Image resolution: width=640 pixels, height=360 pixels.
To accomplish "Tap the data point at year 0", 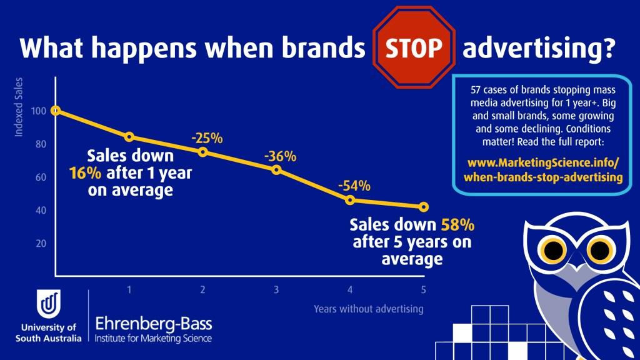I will click(x=56, y=111).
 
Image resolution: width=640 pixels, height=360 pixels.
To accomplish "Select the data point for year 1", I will click(x=129, y=137).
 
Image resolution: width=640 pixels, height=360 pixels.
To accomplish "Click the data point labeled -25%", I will click(x=202, y=152).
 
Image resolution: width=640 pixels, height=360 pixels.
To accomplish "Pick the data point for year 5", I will click(x=424, y=207).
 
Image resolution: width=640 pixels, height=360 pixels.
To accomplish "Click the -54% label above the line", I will click(x=354, y=186).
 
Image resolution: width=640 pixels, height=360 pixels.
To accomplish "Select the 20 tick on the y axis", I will click(x=41, y=243).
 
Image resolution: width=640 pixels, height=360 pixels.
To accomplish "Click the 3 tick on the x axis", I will click(x=276, y=289).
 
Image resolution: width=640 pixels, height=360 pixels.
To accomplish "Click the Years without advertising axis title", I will click(x=368, y=309).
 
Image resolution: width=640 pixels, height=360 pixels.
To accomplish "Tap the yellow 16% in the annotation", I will click(x=81, y=173).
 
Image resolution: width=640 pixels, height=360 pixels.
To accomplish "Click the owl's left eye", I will click(x=552, y=251).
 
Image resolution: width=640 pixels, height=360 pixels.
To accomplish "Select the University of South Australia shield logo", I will click(x=49, y=305).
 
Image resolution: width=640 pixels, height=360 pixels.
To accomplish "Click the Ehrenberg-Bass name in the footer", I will click(x=153, y=324).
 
